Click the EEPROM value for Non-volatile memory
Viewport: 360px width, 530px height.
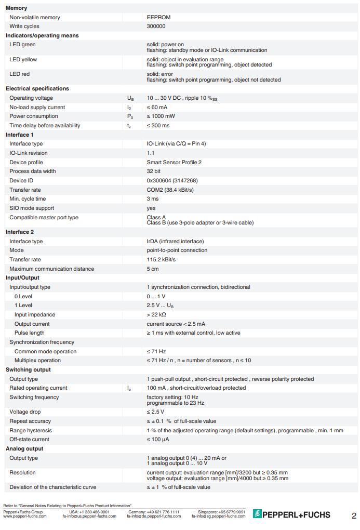point(158,17)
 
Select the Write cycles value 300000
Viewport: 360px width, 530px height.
point(156,26)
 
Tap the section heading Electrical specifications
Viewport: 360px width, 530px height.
point(37,88)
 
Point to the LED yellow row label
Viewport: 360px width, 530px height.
point(23,60)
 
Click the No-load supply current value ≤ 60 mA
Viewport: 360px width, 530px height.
point(157,107)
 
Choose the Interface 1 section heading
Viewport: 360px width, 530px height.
point(20,135)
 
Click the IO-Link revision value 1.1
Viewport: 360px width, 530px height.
point(151,153)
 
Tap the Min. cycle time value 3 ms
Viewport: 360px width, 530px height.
point(153,199)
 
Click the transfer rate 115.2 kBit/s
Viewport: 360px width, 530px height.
point(161,260)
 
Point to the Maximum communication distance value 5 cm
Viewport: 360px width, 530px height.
point(153,269)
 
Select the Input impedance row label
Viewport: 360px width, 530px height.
point(34,315)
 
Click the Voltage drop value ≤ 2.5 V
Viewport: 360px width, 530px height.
point(155,412)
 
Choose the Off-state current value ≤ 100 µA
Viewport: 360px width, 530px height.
point(158,440)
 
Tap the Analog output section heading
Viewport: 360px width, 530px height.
point(24,448)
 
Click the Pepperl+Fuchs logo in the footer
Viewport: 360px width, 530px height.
point(291,514)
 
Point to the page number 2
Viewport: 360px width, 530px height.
point(354,516)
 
